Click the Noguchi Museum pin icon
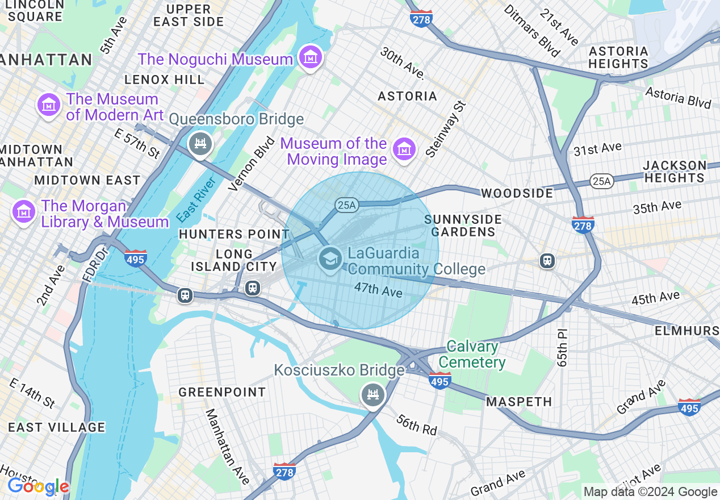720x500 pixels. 311,57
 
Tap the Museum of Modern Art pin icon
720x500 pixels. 49,105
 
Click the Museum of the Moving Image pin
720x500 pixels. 404,149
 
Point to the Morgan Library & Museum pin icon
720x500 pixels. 23,212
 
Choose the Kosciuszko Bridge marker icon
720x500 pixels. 372,394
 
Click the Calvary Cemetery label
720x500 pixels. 472,355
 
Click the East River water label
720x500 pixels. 196,200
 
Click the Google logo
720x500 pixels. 38,486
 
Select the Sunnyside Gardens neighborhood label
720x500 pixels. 463,226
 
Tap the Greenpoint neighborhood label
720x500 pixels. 222,392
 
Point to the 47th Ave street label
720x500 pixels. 378,290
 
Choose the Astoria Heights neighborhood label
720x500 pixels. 618,57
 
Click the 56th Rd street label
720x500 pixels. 416,424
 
